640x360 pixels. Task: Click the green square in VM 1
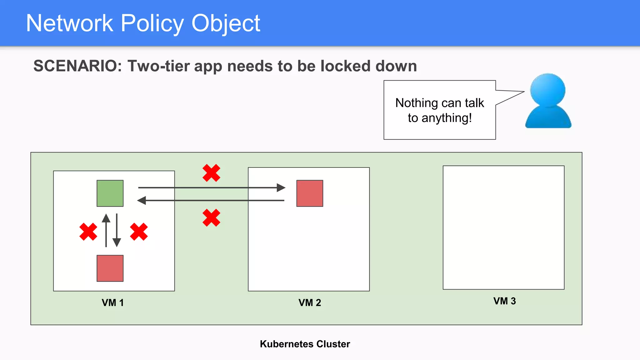(110, 193)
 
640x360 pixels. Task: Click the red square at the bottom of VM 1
(110, 268)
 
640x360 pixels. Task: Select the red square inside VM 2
(310, 193)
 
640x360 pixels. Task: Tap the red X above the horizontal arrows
(211, 173)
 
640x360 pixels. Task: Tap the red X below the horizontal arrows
(211, 218)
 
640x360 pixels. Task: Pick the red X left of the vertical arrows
(88, 232)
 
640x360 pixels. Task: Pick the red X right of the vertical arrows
(139, 232)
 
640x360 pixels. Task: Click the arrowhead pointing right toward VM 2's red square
(281, 187)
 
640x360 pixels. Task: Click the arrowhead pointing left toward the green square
(142, 200)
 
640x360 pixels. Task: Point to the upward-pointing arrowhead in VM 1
(106, 218)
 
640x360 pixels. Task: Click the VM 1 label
(113, 302)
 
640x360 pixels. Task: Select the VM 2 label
(310, 302)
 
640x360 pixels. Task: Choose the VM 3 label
(504, 301)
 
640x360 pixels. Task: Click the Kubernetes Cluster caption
(305, 344)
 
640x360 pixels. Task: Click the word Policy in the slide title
(152, 23)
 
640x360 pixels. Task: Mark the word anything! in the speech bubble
(447, 118)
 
